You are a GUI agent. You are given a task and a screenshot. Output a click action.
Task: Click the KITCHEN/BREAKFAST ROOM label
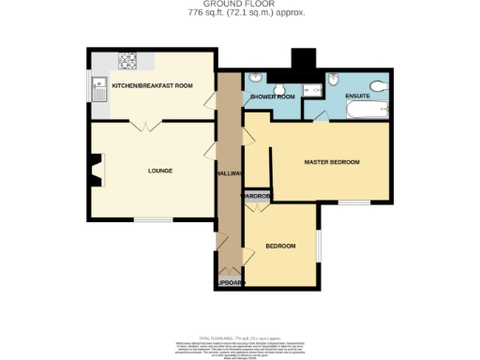tap(152, 85)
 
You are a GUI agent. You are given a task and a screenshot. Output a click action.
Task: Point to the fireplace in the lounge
tap(94, 172)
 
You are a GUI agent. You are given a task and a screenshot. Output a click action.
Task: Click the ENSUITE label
tap(358, 96)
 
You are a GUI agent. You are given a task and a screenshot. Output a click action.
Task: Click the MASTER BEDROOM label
tap(332, 162)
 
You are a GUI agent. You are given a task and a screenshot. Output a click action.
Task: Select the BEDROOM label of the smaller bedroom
tap(280, 246)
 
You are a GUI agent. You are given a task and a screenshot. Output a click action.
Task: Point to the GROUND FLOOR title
tap(240, 6)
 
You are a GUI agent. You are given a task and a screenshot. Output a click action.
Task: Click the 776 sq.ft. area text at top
tap(240, 14)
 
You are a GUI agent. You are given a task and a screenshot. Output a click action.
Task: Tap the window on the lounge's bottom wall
tap(152, 219)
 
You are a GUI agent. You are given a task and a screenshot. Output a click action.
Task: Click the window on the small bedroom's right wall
tap(319, 245)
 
